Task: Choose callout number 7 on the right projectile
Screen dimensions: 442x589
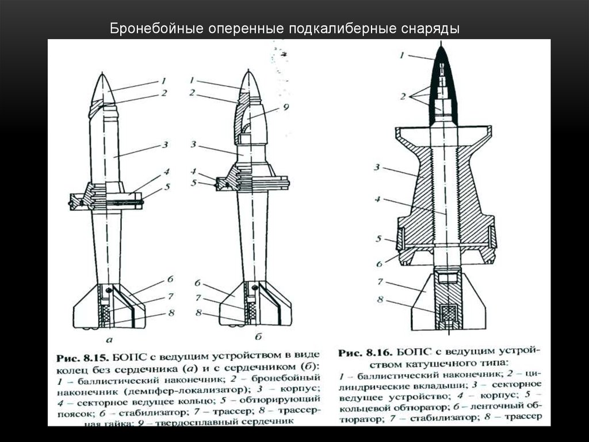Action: point(380,282)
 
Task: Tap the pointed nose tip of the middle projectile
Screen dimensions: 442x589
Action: point(248,74)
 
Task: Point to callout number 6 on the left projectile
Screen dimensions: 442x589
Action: point(170,279)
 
